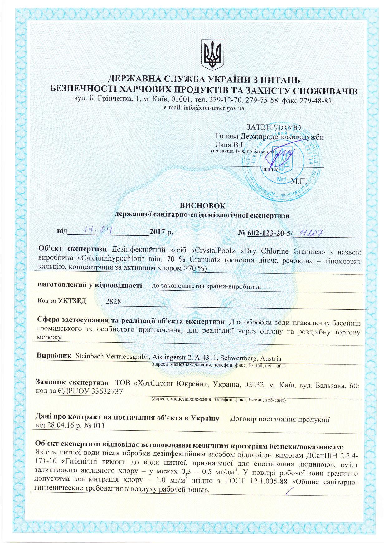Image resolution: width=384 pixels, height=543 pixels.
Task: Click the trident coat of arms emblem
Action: coord(212,55)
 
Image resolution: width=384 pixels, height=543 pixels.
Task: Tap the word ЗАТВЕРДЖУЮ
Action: coord(274,127)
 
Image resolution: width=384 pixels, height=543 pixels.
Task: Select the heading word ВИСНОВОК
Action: coord(202,205)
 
